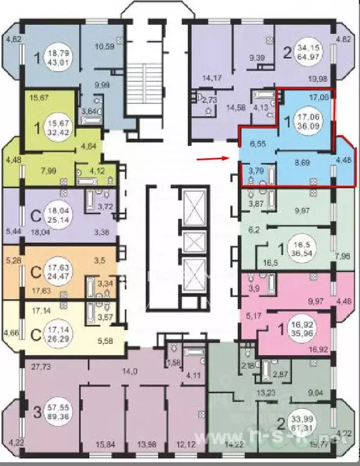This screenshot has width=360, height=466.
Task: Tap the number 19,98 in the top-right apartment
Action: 318,77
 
